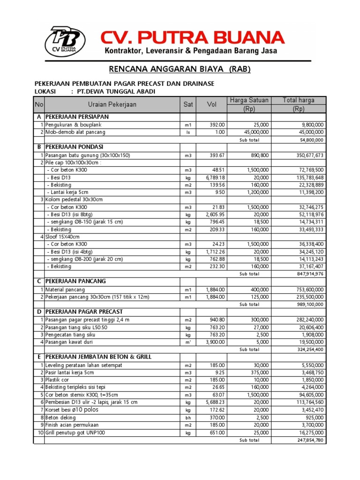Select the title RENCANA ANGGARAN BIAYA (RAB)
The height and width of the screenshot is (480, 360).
click(180, 69)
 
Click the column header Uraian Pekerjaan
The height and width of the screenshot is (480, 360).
click(112, 105)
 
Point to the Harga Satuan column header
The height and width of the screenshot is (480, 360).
click(248, 100)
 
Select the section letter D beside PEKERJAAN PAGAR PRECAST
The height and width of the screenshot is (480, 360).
click(39, 312)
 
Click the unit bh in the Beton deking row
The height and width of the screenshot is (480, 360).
click(188, 418)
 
